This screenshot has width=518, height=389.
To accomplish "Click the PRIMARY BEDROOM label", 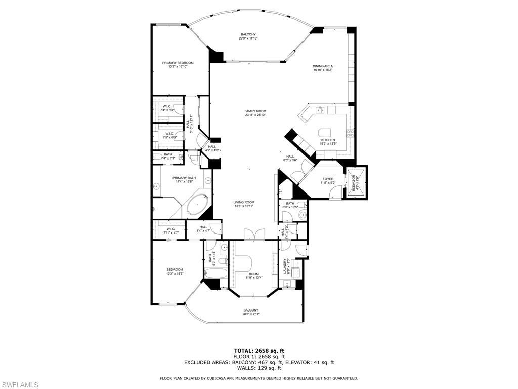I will point(178,63).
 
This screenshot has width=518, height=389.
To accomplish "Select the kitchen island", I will point(327,133).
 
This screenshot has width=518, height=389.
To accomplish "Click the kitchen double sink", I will point(320,110).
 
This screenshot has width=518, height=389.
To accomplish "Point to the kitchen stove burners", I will point(350,133).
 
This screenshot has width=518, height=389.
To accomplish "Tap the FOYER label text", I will point(328,179).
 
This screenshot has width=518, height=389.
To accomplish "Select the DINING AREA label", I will point(322,66).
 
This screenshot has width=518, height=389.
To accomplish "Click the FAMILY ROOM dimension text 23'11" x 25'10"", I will point(255,115).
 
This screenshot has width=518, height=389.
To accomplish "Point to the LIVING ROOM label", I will point(243,202).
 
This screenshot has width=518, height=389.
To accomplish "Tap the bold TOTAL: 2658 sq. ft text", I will point(258,351).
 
